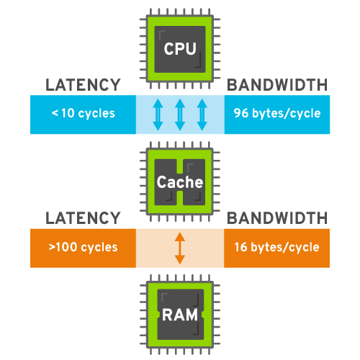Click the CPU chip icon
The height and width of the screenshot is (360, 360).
[x=180, y=49]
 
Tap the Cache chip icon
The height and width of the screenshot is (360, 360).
[x=180, y=181]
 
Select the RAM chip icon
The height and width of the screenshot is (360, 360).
[x=180, y=314]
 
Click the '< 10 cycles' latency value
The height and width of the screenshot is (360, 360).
[x=83, y=114]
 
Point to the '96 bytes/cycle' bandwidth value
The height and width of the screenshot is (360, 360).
[x=276, y=114]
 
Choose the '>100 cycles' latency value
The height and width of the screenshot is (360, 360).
[x=83, y=247]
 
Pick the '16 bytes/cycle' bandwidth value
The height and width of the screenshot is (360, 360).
[x=276, y=247]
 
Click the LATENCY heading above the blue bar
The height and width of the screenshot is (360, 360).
[x=83, y=85]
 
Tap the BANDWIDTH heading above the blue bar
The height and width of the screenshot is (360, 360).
[x=276, y=85]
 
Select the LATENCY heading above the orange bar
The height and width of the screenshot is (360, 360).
[x=83, y=217]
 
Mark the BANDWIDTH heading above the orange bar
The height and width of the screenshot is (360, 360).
[x=276, y=217]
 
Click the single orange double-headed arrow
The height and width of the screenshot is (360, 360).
[x=180, y=247]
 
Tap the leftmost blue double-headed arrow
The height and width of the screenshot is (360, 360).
[x=158, y=114]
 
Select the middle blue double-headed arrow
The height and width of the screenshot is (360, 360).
[x=180, y=114]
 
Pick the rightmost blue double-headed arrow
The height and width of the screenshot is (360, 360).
[x=202, y=114]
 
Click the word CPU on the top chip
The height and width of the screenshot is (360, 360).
[x=180, y=50]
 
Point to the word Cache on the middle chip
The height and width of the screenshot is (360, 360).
[x=180, y=183]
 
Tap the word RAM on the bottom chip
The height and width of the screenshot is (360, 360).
[x=180, y=315]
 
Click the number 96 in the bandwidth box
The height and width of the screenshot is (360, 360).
[x=240, y=114]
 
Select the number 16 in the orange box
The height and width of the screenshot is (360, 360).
[x=241, y=247]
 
